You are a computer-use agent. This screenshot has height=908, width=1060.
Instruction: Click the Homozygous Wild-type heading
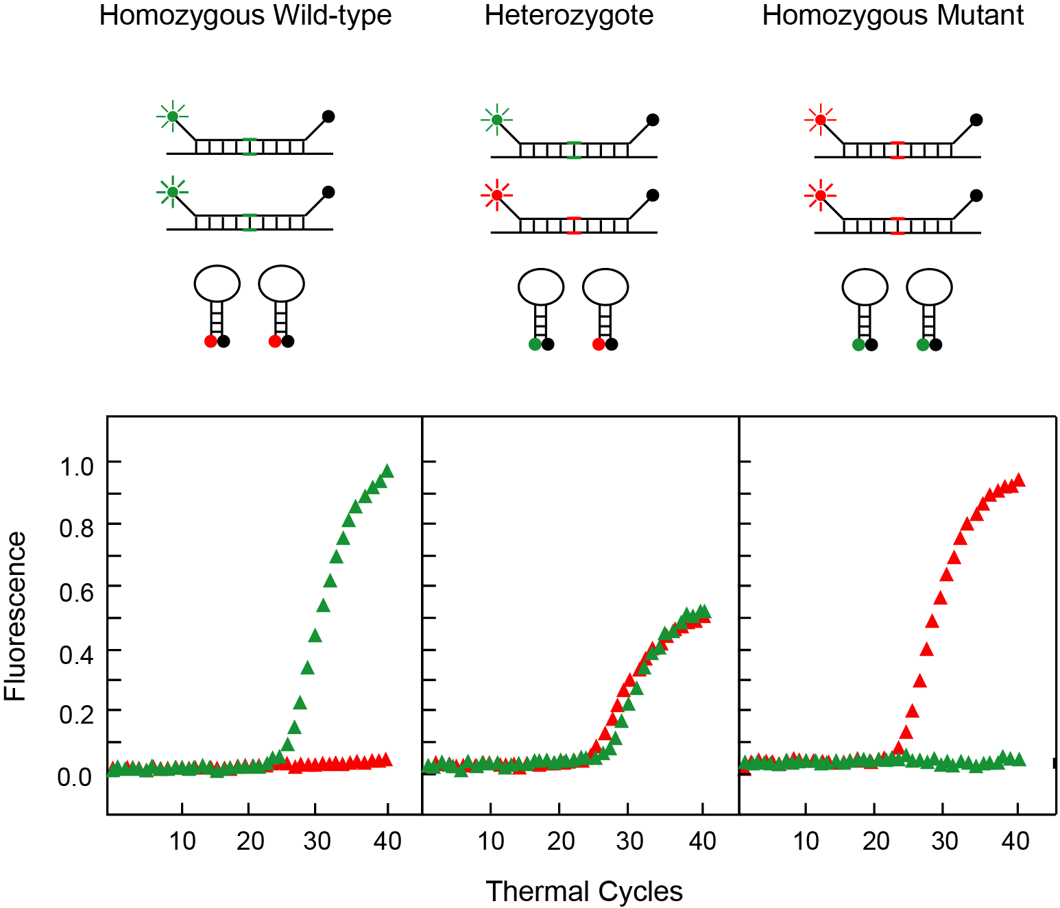245,15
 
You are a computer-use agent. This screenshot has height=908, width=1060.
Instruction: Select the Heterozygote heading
568,15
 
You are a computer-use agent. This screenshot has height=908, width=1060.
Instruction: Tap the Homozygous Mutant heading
892,15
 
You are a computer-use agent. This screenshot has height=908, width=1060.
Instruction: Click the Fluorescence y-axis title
15,616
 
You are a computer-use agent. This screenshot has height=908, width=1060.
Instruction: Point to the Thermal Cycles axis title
584,892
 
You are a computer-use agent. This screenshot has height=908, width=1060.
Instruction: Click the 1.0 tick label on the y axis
76,467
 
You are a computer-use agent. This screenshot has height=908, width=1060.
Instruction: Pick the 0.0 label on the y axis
75,776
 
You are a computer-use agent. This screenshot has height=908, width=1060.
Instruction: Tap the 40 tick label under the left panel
387,840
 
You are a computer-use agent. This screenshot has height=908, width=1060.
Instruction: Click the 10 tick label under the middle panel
491,840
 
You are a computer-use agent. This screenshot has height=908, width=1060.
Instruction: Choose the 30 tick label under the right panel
944,840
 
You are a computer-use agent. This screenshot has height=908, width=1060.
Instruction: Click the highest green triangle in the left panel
387,471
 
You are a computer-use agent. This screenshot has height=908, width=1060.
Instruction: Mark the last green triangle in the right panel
1019,759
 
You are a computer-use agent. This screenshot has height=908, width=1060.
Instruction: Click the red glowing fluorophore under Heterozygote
497,195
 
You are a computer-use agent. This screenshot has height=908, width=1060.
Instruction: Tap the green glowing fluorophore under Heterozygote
497,120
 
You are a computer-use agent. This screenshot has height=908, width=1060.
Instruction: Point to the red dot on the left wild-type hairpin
210,341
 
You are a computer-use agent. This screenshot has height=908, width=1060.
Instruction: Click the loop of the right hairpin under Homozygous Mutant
929,287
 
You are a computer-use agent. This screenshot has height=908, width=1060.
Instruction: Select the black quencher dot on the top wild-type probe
328,116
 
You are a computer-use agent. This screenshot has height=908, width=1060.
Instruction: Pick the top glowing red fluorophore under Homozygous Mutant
820,120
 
